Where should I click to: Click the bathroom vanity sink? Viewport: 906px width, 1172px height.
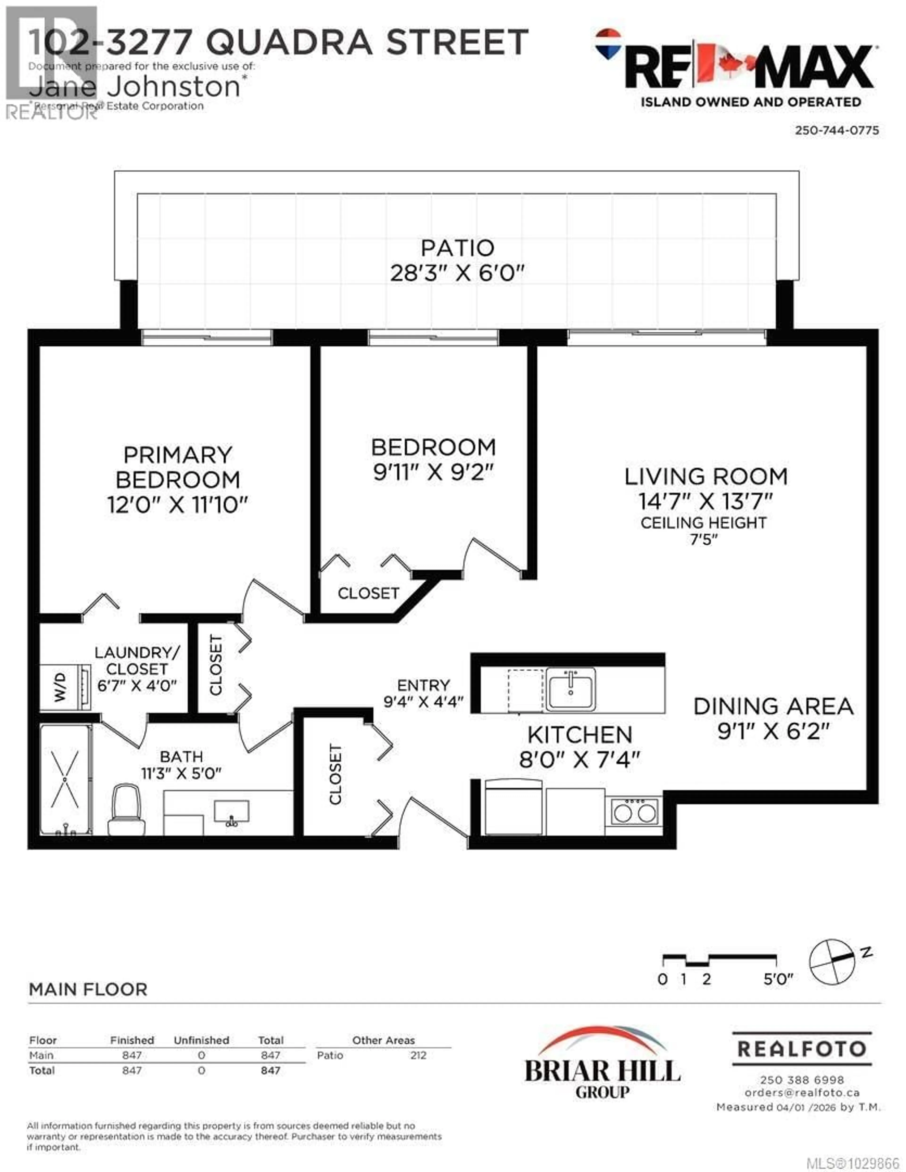(x=231, y=812)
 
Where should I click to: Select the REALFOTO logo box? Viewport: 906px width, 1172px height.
(x=802, y=1049)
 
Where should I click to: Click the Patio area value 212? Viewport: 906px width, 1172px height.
(x=418, y=1055)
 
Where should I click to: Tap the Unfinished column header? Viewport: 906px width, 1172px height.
(x=201, y=1040)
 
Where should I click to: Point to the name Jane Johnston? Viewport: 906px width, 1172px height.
(x=134, y=87)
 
